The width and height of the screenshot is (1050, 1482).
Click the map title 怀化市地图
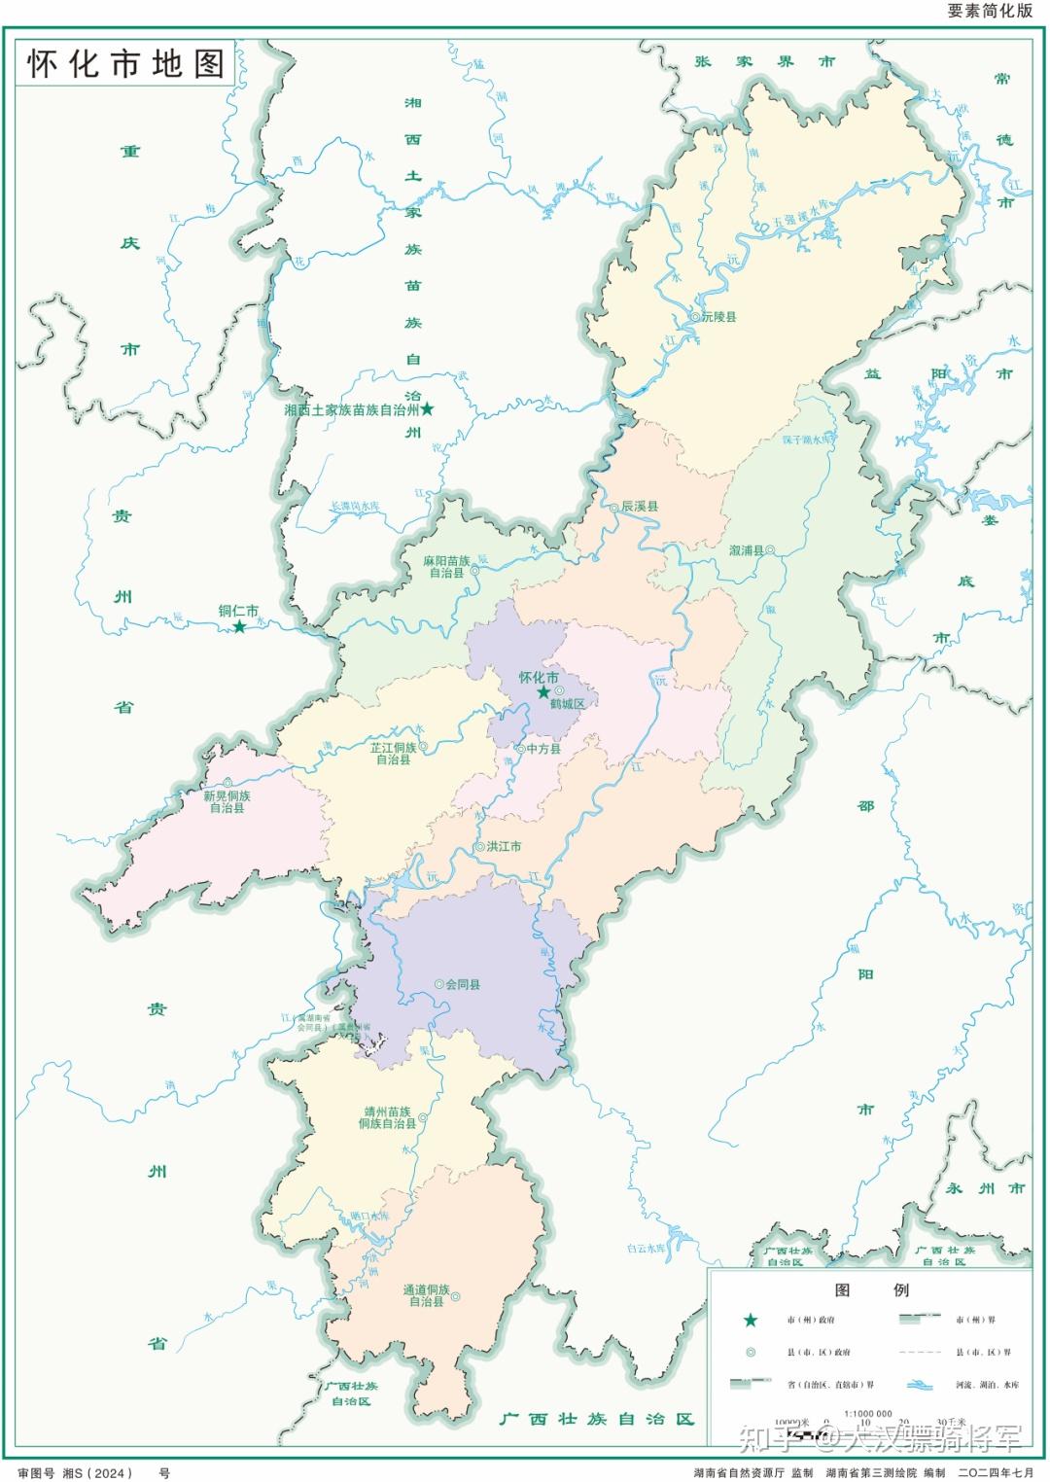[125, 64]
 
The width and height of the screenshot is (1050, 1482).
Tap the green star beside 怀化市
[543, 691]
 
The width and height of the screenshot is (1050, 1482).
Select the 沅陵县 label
[719, 317]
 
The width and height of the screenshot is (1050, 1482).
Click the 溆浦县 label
[746, 550]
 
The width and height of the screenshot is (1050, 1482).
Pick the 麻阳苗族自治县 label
[446, 567]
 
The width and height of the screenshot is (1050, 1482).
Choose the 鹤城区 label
[568, 703]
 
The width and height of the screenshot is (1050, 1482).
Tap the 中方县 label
[543, 749]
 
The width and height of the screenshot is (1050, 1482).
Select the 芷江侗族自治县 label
[393, 753]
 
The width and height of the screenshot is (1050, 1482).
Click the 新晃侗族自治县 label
[227, 801]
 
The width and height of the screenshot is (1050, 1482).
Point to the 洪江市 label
[504, 847]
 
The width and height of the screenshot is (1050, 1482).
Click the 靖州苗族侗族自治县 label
[386, 1117]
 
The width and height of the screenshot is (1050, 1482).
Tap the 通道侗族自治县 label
[427, 1295]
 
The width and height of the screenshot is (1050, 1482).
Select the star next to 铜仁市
[239, 627]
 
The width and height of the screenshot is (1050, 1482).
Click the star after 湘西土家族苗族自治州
[427, 410]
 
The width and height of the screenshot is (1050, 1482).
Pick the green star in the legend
[750, 1320]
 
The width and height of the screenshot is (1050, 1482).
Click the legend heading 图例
[871, 1290]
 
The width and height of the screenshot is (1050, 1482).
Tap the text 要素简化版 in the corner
[989, 12]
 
